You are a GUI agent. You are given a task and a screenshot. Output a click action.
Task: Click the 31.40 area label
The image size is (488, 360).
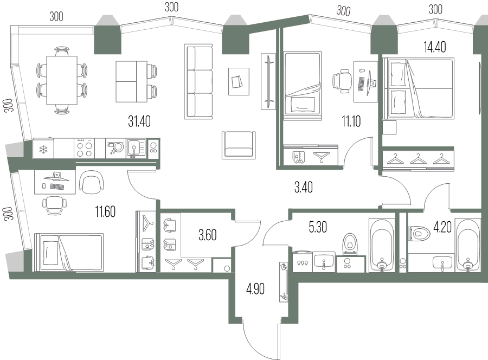pyautogui.click(x=139, y=121)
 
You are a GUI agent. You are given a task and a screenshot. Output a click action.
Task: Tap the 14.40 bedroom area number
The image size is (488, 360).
pyautogui.click(x=434, y=47)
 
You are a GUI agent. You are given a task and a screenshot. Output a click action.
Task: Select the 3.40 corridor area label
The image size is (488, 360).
pyautogui.click(x=304, y=187)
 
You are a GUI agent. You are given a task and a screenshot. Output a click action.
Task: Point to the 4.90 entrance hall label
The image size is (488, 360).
pyautogui.click(x=255, y=289)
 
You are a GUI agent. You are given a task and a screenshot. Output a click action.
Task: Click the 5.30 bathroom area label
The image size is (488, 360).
pyautogui.click(x=318, y=227)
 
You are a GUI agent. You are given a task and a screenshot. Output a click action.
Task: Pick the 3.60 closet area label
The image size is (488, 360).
pyautogui.click(x=207, y=235)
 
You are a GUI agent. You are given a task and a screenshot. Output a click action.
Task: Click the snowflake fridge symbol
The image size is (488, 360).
pyautogui.click(x=43, y=149)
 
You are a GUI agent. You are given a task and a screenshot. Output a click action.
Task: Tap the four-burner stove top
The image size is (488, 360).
pyautogui.click(x=85, y=149)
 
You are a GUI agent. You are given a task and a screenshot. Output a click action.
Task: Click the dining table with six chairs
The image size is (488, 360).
pyautogui.click(x=62, y=80)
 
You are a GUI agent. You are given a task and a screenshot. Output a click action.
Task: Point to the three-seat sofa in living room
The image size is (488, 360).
pyautogui.click(x=198, y=81)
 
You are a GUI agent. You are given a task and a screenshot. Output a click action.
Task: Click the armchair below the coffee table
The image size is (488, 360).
pyautogui.click(x=238, y=145)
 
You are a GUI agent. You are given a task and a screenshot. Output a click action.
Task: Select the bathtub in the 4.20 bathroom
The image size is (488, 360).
pyautogui.click(x=467, y=246)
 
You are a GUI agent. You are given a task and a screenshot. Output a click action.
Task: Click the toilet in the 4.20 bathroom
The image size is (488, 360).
pyautogui.click(x=419, y=233)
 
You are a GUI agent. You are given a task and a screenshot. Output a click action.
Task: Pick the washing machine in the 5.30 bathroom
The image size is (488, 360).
pyautogui.click(x=302, y=262)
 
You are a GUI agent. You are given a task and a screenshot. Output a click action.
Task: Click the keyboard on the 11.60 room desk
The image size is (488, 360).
pyautogui.click(x=57, y=187)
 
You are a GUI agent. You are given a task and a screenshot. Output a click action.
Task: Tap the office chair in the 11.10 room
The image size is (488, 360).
pyautogui.click(x=341, y=81)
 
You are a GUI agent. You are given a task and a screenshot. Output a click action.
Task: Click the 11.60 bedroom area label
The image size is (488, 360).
pyautogui.click(x=105, y=211)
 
